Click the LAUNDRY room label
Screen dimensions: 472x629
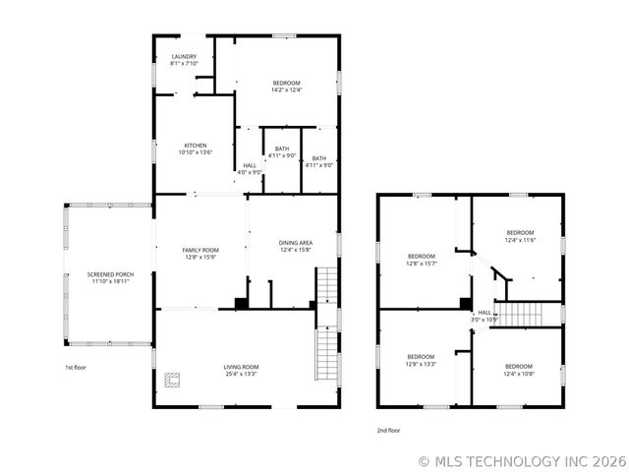pyautogui.click(x=185, y=57)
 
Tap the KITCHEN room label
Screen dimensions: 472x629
pyautogui.click(x=196, y=146)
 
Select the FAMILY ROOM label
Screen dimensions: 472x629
pyautogui.click(x=200, y=250)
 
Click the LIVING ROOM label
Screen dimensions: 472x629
pyautogui.click(x=241, y=367)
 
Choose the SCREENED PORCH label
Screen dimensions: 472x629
pyautogui.click(x=109, y=274)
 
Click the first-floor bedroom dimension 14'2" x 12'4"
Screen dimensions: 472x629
pyautogui.click(x=286, y=89)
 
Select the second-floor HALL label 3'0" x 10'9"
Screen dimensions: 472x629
pyautogui.click(x=486, y=316)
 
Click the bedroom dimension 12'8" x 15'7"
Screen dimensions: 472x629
pyautogui.click(x=422, y=263)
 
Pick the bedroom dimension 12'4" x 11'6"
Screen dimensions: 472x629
pyautogui.click(x=519, y=240)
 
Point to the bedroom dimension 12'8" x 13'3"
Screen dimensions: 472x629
pyautogui.click(x=422, y=364)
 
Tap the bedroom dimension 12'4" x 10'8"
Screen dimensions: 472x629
pyautogui.click(x=519, y=374)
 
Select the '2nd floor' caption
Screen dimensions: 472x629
pyautogui.click(x=389, y=430)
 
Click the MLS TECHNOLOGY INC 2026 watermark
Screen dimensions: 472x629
pyautogui.click(x=521, y=459)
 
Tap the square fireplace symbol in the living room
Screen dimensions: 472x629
pyautogui.click(x=175, y=380)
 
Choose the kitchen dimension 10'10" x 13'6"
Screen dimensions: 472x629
pyautogui.click(x=196, y=152)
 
